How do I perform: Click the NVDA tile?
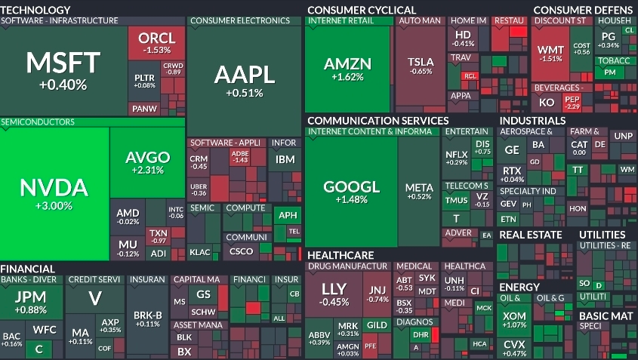(54, 192)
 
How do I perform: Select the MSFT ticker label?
(63, 62)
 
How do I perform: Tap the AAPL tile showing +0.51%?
(244, 75)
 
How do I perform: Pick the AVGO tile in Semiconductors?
(147, 162)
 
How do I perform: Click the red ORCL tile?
(156, 42)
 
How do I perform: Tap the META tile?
(419, 191)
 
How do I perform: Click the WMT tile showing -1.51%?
(550, 53)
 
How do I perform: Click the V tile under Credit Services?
(95, 298)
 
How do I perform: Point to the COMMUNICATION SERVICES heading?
(378, 120)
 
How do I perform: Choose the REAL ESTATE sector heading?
(530, 235)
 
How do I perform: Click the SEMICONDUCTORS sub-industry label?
(38, 122)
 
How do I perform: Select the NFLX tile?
(457, 156)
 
